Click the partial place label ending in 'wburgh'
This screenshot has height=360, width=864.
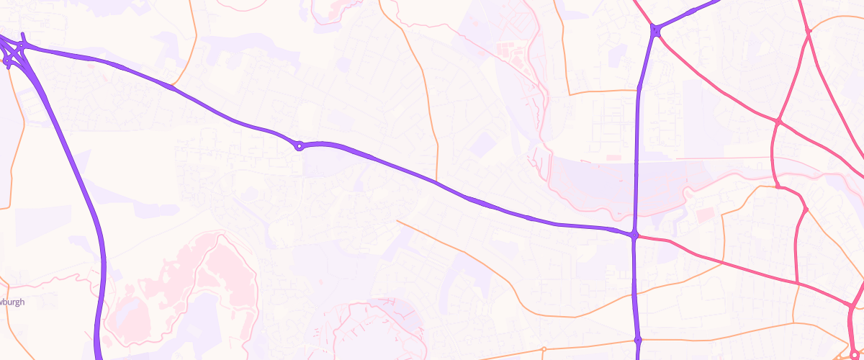click(x=13, y=302)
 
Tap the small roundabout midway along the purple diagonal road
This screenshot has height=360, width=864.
click(x=299, y=146)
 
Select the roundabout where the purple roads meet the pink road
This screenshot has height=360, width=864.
click(x=634, y=235)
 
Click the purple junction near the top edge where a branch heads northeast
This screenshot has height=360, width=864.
click(x=656, y=30)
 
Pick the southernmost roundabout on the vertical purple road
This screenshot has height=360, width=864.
click(x=638, y=340)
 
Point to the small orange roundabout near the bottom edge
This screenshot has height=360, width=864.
click(x=544, y=350)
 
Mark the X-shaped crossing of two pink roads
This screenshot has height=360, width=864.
click(x=778, y=121)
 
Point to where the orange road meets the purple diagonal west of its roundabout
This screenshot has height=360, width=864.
click(x=172, y=87)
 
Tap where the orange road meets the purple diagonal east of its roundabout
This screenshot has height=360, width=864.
click(x=437, y=181)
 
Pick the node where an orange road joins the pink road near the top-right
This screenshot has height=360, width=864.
click(x=809, y=31)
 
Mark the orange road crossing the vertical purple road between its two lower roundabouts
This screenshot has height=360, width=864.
click(x=635, y=291)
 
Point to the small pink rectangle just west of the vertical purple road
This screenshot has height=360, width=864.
click(x=613, y=157)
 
